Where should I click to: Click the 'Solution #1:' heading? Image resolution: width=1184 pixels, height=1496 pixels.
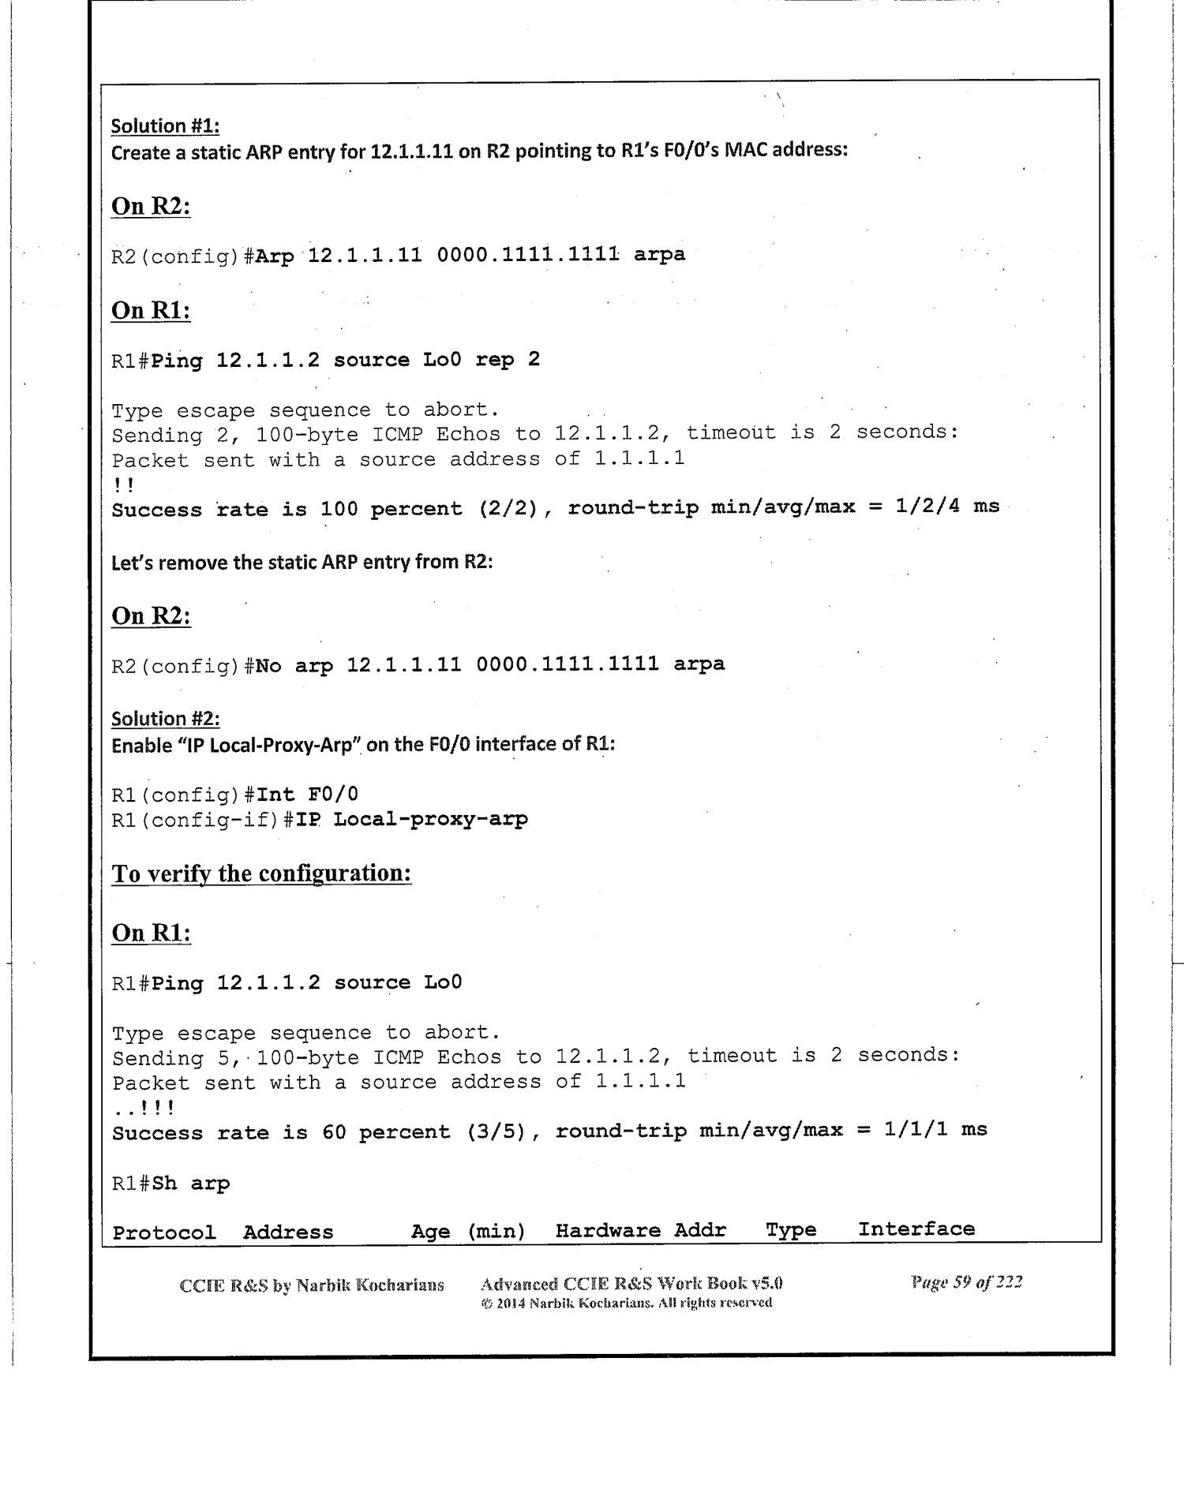point(165,126)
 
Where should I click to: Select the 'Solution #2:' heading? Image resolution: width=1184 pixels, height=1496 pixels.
point(165,719)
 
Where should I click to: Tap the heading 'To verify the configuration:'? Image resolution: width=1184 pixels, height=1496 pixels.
point(261,874)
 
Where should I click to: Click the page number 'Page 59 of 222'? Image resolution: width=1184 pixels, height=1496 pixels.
point(966,1282)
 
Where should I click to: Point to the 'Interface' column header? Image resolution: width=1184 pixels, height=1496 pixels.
point(916,1229)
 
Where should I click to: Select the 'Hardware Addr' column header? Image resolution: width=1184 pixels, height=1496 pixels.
point(640,1231)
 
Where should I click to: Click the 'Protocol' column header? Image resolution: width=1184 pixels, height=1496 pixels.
point(164,1232)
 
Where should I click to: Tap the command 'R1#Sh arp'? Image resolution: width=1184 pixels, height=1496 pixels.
point(170,1184)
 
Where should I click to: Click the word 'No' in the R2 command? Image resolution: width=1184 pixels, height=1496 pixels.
point(268,665)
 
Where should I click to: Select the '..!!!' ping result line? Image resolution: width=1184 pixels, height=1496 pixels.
point(144,1109)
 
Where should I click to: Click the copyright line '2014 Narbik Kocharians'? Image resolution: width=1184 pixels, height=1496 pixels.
point(627,1303)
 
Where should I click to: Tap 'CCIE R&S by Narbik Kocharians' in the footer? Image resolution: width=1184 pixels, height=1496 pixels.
point(312,1285)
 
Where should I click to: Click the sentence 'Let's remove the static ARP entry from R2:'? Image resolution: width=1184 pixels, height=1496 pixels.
point(302,563)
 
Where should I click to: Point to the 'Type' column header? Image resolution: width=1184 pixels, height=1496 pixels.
point(791,1230)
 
